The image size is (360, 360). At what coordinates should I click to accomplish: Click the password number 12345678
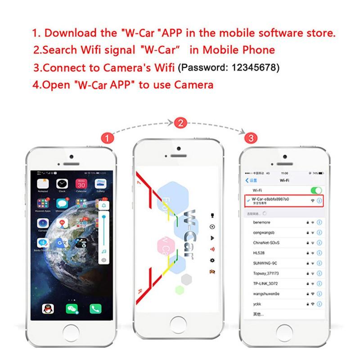tap(255, 68)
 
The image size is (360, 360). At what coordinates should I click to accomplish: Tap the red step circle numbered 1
tap(106, 138)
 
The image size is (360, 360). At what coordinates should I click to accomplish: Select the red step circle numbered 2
tap(180, 123)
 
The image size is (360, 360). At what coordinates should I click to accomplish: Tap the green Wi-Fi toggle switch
tap(316, 191)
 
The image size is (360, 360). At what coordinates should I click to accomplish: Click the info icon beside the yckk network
tap(319, 304)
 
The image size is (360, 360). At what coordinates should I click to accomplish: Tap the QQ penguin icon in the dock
tap(46, 309)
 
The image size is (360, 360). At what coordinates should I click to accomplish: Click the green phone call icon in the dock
tap(95, 309)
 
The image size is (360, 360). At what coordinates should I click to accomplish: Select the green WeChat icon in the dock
tap(71, 309)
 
